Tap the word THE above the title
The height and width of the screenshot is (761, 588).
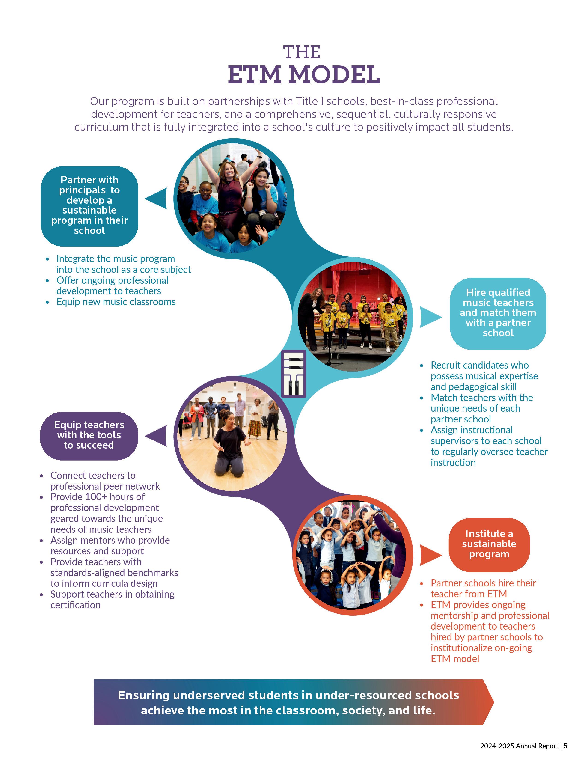point(302,52)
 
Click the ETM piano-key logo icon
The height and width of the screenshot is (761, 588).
point(293,374)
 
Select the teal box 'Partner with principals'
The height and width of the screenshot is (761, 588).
point(89,205)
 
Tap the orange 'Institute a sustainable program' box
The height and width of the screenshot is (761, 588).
point(489,544)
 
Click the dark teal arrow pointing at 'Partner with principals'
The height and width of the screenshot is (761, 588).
point(157,198)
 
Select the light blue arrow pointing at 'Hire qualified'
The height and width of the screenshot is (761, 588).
point(429,317)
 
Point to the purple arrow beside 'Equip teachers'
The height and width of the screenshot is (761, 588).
point(157,436)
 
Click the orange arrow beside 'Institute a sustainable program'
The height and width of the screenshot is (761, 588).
point(429,555)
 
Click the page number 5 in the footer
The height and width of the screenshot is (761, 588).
point(566,746)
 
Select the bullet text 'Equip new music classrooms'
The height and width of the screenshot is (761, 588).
point(116,302)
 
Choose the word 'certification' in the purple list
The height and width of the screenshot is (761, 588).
point(76,605)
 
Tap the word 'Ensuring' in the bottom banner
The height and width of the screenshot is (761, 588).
point(143,695)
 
